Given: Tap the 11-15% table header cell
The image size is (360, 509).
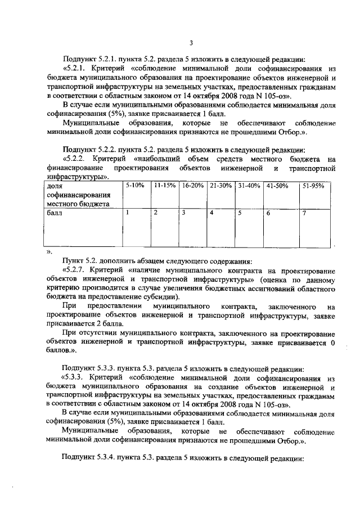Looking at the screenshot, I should coord(164,186).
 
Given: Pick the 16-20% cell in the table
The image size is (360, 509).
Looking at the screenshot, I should coord(192,186).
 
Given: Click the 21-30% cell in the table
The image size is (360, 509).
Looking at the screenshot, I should coord(220,186).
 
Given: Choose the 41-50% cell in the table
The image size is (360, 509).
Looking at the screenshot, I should coord(277,186).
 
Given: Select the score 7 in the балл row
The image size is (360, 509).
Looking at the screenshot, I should coord(304,213).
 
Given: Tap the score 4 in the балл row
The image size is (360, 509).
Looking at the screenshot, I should coord(211,213).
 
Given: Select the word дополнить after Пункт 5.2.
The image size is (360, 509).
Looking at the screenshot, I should coord(116,261).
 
